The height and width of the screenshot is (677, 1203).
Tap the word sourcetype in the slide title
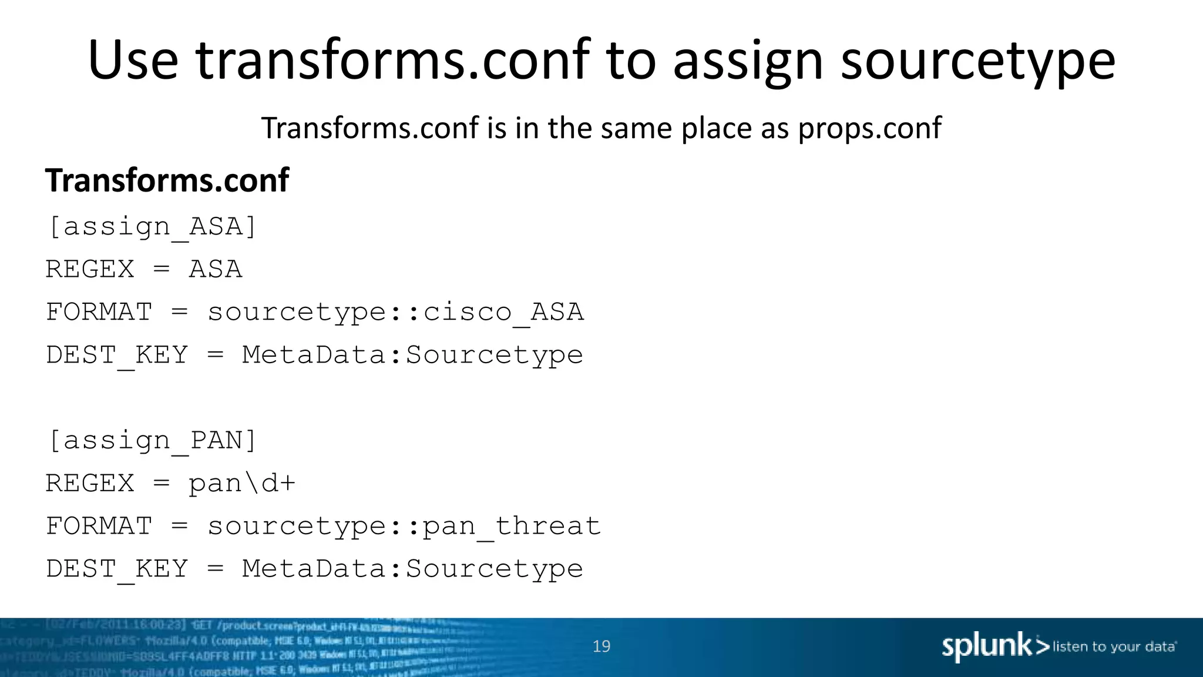(977, 61)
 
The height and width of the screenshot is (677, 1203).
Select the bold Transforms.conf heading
(167, 180)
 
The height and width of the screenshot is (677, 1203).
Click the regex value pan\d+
(241, 484)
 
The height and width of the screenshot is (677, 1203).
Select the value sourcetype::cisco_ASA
(395, 312)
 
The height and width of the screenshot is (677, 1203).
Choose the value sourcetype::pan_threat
(404, 526)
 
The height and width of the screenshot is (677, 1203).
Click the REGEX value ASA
(215, 270)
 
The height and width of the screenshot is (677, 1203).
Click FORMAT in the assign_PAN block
(99, 526)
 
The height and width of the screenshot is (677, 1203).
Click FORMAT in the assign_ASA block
(99, 312)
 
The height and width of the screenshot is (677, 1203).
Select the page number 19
(601, 646)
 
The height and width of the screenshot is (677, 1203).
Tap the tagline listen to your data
(1114, 647)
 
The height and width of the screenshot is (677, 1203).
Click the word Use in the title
(133, 60)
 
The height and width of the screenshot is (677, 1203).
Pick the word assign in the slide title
(748, 61)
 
